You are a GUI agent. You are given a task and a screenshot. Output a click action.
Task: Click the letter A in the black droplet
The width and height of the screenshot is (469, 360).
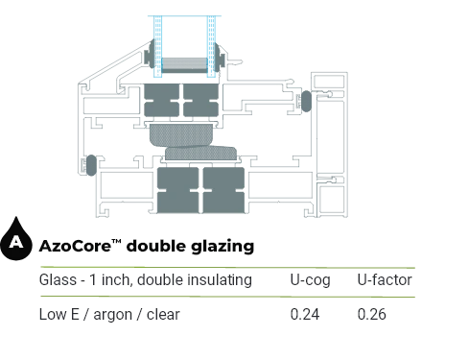coord(16,242)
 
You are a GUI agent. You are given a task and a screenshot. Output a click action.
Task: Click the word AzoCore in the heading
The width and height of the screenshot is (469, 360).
coord(76,246)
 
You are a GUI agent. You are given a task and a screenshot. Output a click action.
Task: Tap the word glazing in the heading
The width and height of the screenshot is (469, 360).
coord(223,247)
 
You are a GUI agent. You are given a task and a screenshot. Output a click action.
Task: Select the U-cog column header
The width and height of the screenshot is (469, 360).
coord(310,280)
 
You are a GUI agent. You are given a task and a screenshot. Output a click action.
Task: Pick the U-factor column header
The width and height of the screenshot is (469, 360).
coord(385,279)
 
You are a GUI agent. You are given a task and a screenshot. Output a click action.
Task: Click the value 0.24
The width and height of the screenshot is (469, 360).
coord(305,314)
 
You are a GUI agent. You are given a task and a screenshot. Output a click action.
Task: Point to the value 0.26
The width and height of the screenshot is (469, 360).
coord(371,314)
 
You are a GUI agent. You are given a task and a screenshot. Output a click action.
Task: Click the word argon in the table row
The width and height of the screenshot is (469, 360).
coord(112,316)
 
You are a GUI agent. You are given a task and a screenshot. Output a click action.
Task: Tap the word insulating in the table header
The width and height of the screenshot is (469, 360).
coord(220,279)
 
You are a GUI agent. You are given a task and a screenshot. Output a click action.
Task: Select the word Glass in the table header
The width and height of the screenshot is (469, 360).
coord(58,279)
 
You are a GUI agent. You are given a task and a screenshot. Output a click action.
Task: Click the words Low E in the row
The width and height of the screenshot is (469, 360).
coord(59,314)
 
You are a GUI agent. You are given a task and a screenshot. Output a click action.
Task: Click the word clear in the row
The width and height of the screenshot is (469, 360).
coord(163,314)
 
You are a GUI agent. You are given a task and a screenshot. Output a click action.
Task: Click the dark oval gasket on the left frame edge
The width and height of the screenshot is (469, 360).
coord(91,165)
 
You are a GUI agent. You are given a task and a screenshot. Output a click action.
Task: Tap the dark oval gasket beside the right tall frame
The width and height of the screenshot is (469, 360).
coord(306,101)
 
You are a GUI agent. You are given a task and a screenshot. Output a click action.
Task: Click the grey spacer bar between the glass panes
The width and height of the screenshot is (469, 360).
coord(184,65)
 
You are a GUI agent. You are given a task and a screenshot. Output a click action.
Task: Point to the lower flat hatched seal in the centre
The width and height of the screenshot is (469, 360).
coord(200,154)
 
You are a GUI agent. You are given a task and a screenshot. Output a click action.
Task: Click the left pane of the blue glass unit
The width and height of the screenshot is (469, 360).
coord(157,46)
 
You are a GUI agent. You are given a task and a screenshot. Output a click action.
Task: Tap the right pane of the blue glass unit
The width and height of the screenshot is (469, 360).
coord(211,46)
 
